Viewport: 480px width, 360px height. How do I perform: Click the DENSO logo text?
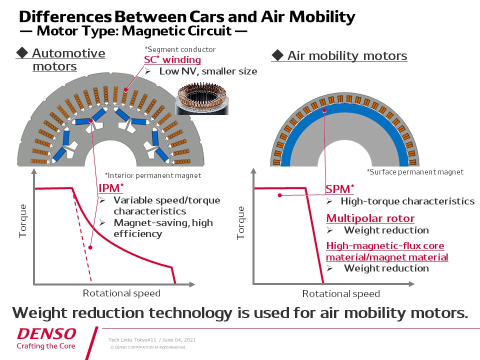click(46, 333)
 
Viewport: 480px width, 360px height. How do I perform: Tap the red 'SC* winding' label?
click(169, 60)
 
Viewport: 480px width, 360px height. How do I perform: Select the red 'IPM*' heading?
click(111, 188)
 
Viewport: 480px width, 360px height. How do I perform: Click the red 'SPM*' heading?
click(340, 189)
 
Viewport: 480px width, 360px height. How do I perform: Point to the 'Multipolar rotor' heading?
click(370, 218)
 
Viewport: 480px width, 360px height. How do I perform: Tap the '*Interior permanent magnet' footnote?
click(153, 175)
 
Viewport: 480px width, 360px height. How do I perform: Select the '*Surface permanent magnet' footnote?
click(415, 171)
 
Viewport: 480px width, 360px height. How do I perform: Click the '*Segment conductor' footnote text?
click(180, 49)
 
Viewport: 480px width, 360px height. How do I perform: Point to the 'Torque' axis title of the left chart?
click(22, 220)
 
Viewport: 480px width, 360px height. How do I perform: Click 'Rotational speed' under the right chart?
click(341, 293)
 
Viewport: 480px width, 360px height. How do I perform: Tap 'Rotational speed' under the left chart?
click(121, 293)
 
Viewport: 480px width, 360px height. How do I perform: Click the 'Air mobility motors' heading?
click(347, 55)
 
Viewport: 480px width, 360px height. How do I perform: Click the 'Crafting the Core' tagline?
click(46, 345)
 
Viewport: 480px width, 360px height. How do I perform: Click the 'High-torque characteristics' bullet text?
click(407, 201)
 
